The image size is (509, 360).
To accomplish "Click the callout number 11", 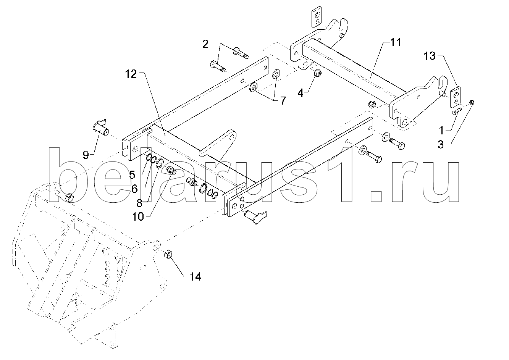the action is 396,42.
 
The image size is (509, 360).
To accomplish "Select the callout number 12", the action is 131,74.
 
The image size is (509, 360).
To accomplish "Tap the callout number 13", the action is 430,56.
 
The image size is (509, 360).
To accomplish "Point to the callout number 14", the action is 196,277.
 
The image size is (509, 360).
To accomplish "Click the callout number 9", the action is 86,155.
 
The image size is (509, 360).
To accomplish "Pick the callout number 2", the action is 205,44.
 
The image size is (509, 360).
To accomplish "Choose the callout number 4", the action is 301,93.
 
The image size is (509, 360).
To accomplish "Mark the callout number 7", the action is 283,101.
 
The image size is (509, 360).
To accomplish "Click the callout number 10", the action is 138,217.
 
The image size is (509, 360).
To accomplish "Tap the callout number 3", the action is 441,144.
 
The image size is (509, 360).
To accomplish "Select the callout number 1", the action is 441,131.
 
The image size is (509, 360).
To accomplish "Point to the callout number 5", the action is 132,175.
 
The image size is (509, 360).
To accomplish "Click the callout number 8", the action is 139,203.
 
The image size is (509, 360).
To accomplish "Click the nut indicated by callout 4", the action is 318,73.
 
